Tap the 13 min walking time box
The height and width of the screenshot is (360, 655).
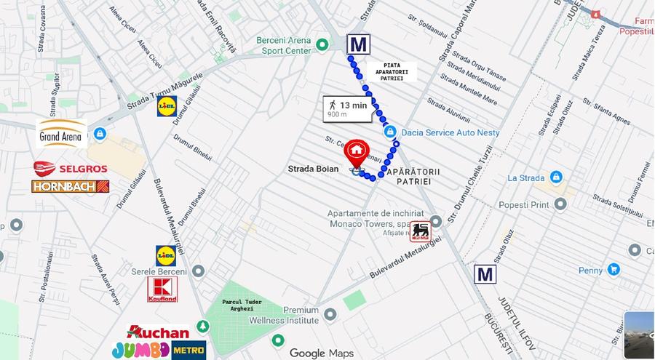coord(348,109)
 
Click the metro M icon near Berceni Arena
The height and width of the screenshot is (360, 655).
coord(357,44)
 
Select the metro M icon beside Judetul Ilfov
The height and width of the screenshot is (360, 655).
coord(485,274)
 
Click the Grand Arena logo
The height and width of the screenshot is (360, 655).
coord(62,134)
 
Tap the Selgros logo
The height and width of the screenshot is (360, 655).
coord(71,169)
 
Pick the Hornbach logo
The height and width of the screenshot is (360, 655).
coord(71,186)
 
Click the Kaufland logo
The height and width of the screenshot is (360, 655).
coord(162,289)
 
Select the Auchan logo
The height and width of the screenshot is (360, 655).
coord(158,332)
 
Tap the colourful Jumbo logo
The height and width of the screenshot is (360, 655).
coord(140,350)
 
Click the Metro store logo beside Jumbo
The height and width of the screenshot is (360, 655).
coord(188,350)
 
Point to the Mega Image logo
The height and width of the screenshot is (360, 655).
coord(420,231)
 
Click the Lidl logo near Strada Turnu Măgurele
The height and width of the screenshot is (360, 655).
coord(167,107)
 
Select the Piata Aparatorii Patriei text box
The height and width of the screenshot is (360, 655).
coord(394,71)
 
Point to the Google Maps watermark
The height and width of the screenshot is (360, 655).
coord(322,353)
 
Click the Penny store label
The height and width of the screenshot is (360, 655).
coord(591,271)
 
